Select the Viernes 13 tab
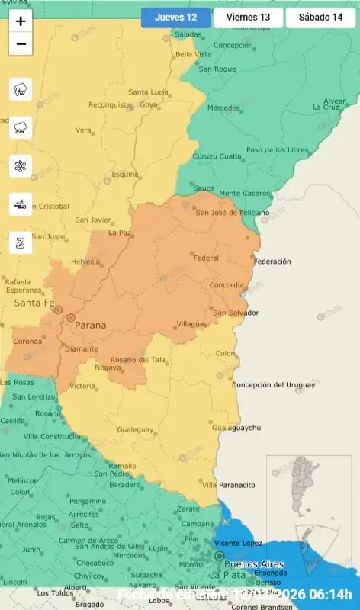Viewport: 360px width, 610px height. [x=248, y=18]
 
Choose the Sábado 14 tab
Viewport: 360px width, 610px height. [x=320, y=18]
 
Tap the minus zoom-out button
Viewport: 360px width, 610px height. [x=21, y=44]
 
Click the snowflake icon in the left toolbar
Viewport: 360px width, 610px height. [x=21, y=165]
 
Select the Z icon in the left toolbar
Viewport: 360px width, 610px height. [x=21, y=243]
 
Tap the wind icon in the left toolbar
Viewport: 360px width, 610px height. [x=21, y=204]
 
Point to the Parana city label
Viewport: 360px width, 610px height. [x=90, y=326]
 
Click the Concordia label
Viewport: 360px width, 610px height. [x=227, y=285]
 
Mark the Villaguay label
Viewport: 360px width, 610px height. [x=191, y=324]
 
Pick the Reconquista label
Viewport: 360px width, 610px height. [x=110, y=105]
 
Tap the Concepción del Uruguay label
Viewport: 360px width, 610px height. [x=274, y=384]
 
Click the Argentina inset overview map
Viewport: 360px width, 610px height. [x=308, y=517]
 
